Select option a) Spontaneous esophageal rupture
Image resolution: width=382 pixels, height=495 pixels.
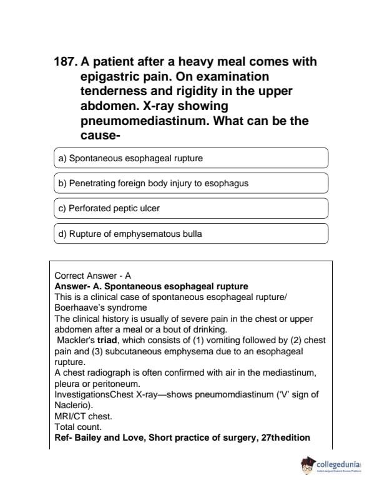(x=191, y=158)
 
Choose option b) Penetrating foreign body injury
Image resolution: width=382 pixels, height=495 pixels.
(x=191, y=183)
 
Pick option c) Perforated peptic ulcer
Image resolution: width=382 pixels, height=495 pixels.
(x=191, y=208)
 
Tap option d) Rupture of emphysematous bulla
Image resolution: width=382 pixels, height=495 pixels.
(x=191, y=234)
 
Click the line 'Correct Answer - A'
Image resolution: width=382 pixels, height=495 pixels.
(x=93, y=276)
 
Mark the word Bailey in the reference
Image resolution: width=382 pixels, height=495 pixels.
(x=87, y=437)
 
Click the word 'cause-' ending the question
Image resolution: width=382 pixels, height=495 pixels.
(x=100, y=136)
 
